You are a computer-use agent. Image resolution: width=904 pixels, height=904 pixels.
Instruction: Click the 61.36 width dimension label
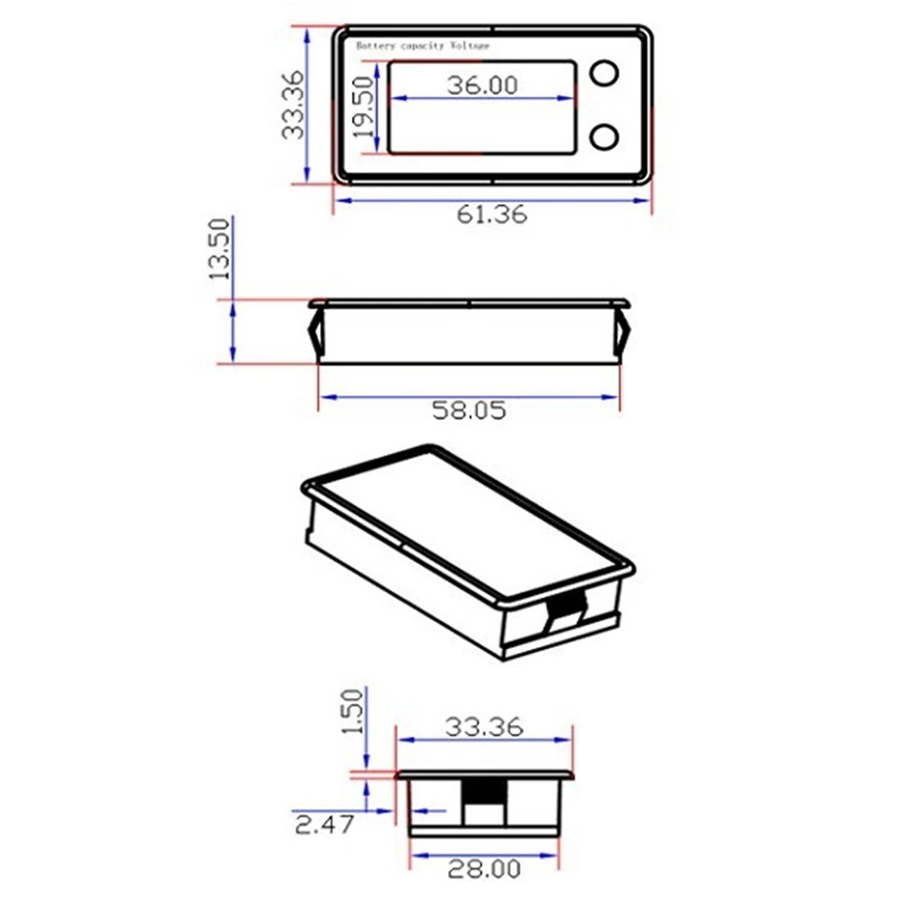[492, 214]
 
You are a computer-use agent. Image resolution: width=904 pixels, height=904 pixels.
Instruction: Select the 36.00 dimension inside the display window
[482, 85]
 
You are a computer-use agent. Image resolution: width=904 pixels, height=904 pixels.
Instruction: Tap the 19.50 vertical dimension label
[363, 107]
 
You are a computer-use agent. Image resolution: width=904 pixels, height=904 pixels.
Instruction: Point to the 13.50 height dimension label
[219, 249]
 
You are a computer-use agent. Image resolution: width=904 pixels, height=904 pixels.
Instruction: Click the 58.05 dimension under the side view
[469, 411]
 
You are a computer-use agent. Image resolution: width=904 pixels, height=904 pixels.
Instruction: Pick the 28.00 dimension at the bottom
[484, 869]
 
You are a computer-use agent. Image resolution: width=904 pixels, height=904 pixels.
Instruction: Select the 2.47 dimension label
[324, 825]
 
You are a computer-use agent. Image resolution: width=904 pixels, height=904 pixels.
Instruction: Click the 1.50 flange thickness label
[353, 712]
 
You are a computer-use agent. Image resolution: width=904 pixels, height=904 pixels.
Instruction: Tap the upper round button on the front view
[604, 73]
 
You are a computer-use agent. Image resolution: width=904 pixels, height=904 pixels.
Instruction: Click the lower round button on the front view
[604, 136]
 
